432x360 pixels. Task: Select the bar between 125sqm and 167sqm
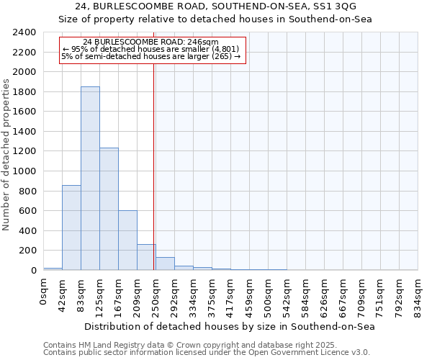[109, 209]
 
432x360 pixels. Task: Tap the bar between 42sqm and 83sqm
[71, 228]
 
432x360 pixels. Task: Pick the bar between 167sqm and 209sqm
[127, 240]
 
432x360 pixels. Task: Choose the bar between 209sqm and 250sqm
[146, 257]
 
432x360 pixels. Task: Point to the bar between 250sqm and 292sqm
[165, 264]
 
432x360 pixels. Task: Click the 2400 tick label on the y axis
[24, 33]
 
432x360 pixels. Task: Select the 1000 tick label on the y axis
[24, 171]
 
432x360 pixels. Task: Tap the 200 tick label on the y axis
[27, 251]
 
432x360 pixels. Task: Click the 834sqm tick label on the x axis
[418, 297]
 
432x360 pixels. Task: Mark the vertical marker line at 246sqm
[154, 166]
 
